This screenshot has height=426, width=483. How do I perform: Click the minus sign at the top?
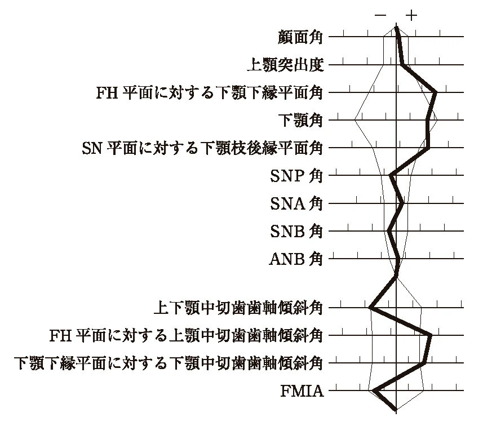click(x=380, y=15)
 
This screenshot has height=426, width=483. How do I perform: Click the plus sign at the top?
click(x=411, y=15)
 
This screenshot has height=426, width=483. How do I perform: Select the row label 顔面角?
click(x=300, y=38)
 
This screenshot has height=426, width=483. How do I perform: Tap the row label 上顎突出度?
click(x=286, y=65)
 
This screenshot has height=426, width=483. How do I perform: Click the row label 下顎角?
click(x=300, y=120)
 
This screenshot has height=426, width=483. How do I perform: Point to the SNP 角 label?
click(x=296, y=176)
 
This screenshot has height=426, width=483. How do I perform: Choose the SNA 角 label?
click(x=296, y=203)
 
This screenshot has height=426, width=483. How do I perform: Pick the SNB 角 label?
click(x=296, y=232)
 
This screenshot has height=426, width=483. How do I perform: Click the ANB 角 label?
click(x=296, y=259)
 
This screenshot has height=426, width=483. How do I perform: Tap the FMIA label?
click(x=302, y=391)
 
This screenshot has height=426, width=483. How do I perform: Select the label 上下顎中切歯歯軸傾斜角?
click(x=238, y=308)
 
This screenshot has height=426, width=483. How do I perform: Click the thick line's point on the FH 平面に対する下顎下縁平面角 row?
click(x=435, y=92)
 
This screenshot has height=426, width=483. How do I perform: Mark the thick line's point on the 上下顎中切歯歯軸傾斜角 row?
click(x=371, y=307)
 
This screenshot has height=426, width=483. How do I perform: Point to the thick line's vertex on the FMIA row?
click(x=375, y=390)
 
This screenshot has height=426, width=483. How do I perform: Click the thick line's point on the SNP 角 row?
click(x=391, y=175)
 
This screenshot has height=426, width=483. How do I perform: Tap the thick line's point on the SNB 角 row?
click(x=389, y=230)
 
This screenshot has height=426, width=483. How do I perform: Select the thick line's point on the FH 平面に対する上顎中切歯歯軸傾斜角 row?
click(x=431, y=335)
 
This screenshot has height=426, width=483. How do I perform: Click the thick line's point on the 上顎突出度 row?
click(x=402, y=65)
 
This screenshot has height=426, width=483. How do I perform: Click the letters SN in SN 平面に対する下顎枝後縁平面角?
click(x=92, y=148)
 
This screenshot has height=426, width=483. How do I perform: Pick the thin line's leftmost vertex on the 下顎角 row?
click(x=355, y=120)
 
